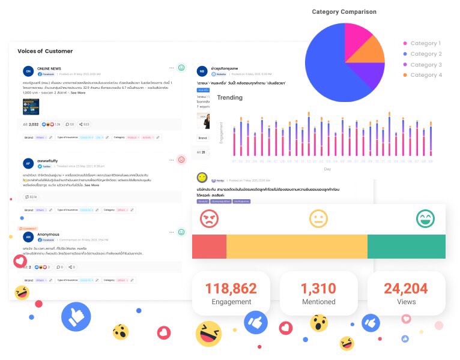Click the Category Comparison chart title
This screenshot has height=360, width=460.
coord(344,11)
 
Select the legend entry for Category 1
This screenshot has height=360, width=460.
coord(425,43)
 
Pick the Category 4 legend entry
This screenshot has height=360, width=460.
coord(426,75)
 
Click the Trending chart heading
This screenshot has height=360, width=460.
coord(229,97)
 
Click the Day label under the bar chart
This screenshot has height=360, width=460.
coord(327,169)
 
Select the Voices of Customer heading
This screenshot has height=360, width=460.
coord(45,51)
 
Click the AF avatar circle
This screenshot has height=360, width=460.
coord(28,163)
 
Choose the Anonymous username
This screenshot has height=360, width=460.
coord(48,234)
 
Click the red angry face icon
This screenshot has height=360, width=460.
coord(209,218)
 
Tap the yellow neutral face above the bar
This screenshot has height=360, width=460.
coord(318,218)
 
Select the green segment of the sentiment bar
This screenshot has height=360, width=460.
coord(406,247)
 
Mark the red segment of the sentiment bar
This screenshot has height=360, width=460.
coord(209,247)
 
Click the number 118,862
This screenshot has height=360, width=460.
coord(231,289)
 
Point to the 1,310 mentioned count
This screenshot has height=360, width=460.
coord(318,289)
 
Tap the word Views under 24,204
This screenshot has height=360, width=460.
coord(406,302)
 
